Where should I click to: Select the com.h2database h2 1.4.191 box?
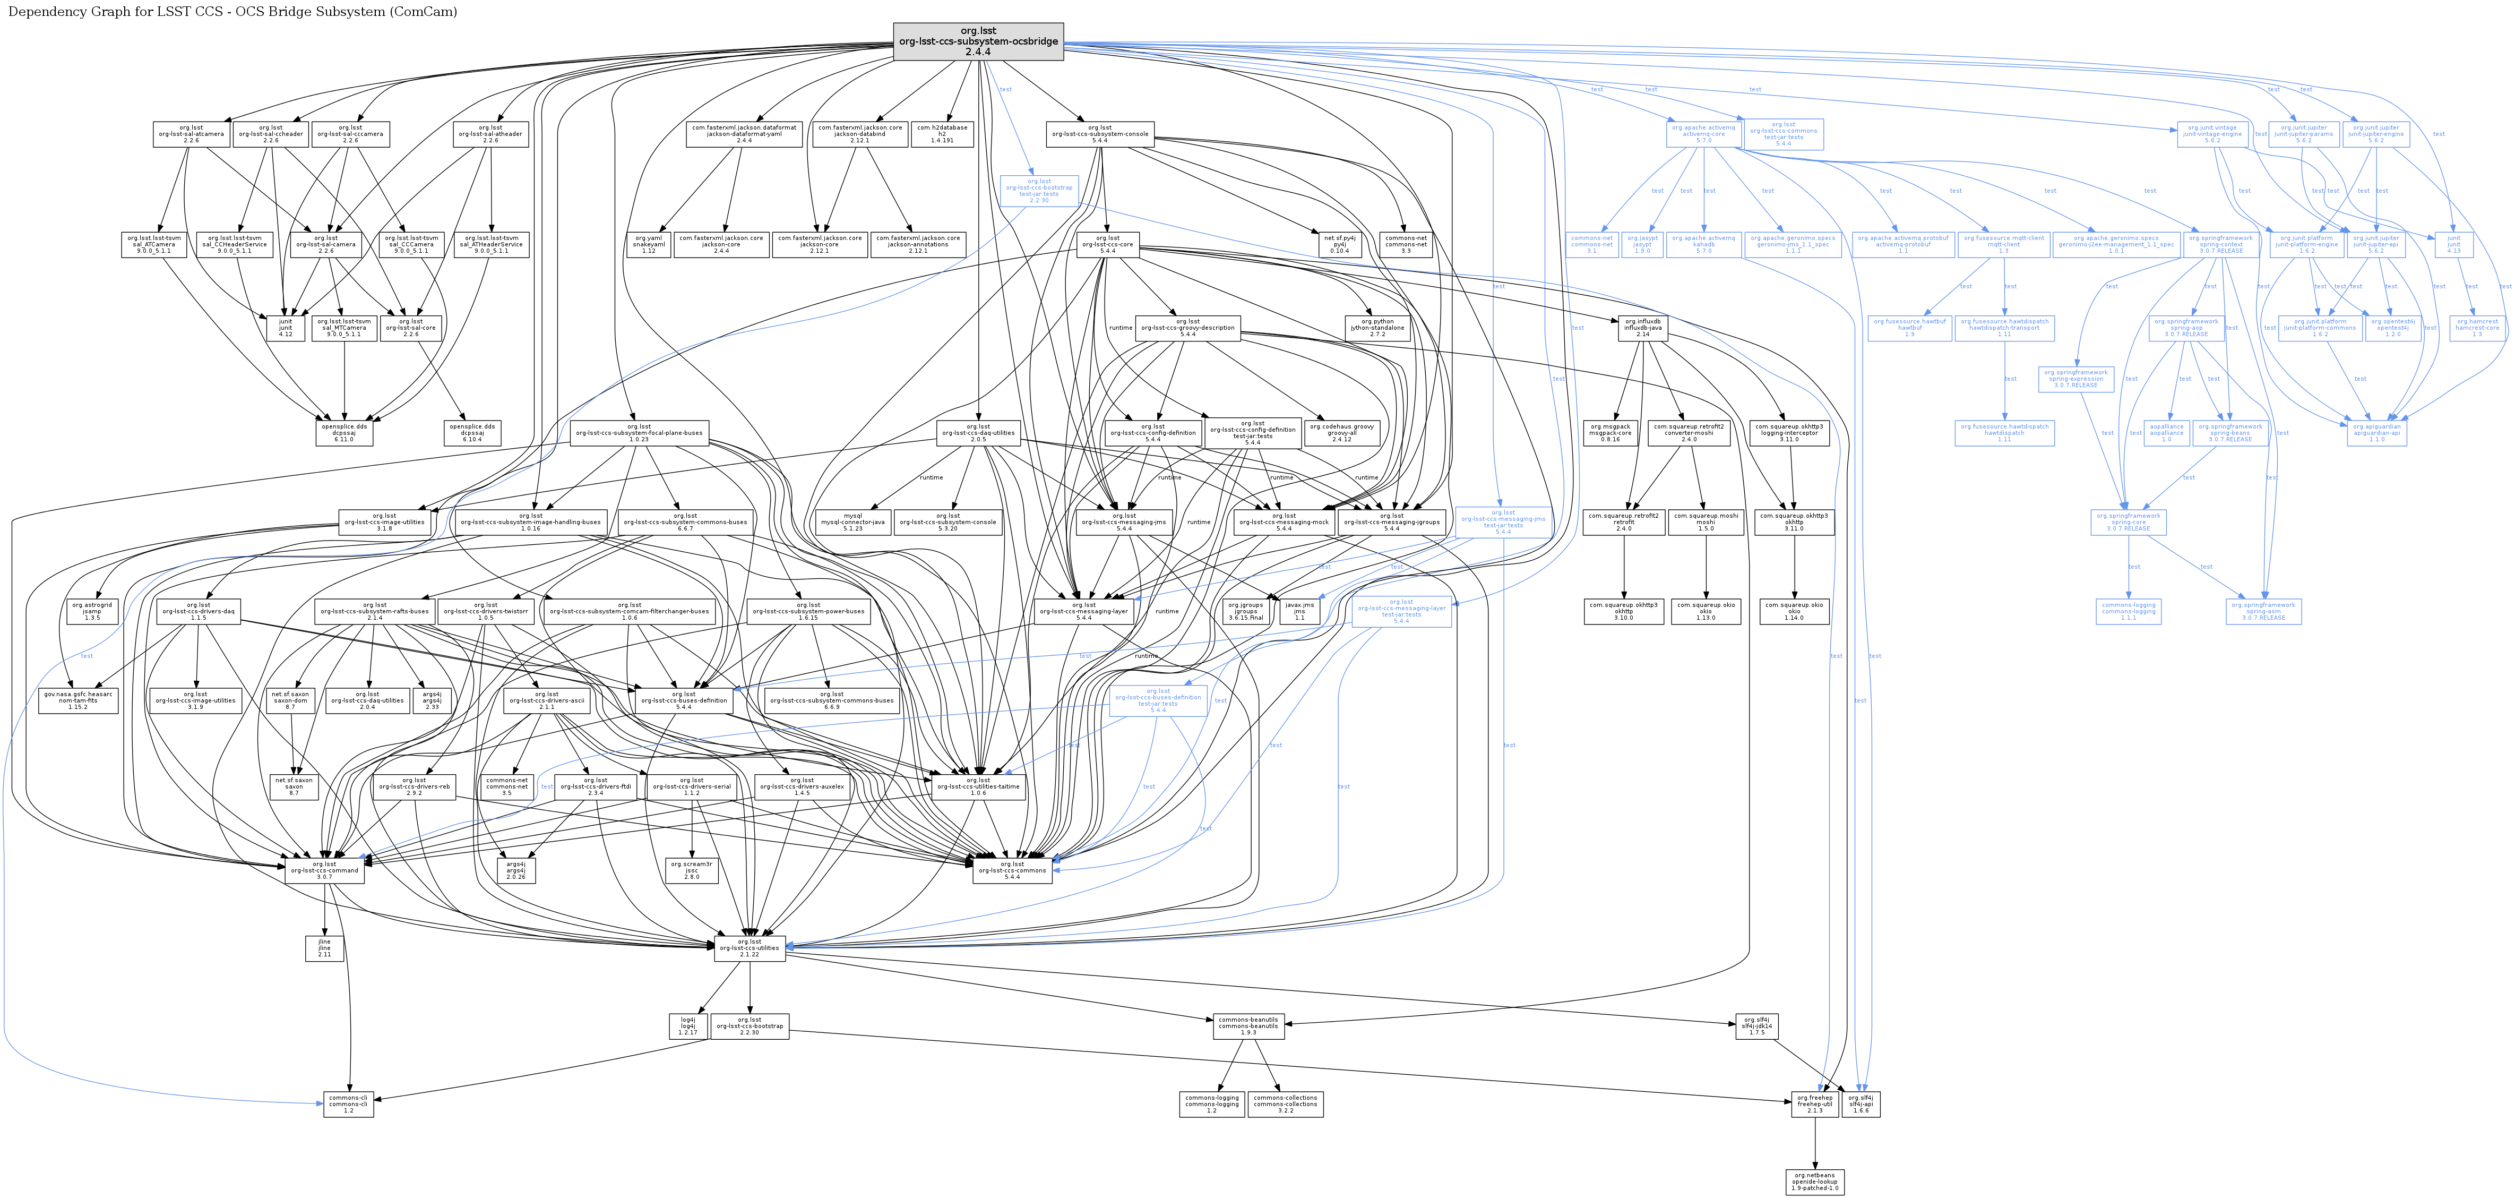click(x=942, y=134)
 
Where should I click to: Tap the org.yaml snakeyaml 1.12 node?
click(x=648, y=244)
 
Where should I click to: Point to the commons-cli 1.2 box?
click(x=349, y=1104)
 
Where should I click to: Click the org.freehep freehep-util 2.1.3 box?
click(x=1815, y=1104)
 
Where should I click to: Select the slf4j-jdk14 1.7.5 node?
click(x=1756, y=1026)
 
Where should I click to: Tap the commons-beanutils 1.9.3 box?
click(x=1248, y=1026)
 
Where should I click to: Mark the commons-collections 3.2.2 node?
click(x=1285, y=1104)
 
